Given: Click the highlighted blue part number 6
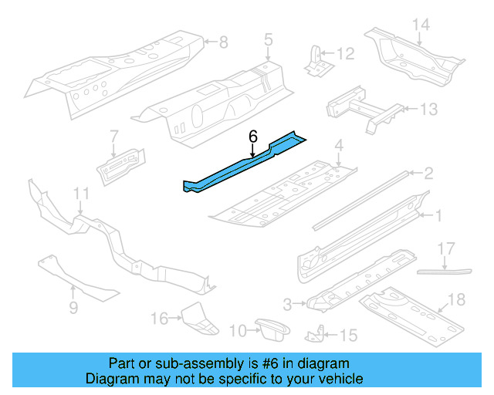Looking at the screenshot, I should [x=239, y=164].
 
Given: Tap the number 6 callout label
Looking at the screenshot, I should [x=252, y=137].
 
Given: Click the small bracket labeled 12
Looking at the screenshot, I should [x=314, y=60].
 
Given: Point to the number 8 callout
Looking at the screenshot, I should [x=223, y=42].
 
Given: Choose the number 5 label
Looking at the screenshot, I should [x=268, y=39].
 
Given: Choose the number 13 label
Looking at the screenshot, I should [x=428, y=110].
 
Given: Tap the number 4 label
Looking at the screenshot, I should [x=338, y=145].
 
